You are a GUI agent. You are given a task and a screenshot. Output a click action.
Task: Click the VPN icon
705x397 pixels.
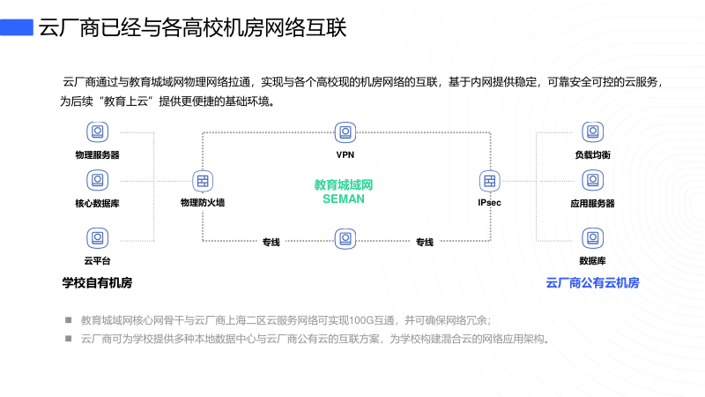point(345,132)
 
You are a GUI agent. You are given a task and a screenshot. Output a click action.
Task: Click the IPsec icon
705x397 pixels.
point(490,181)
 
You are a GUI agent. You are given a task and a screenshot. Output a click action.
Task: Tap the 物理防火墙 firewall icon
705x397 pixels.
point(203,181)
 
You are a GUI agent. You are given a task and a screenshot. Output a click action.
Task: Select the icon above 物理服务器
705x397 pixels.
point(97,132)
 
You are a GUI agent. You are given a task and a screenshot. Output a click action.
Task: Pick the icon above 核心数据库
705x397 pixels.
point(97,181)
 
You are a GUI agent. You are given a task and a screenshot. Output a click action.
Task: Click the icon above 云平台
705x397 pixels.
point(97,236)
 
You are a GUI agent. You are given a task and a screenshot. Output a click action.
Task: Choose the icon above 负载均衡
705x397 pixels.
point(592,132)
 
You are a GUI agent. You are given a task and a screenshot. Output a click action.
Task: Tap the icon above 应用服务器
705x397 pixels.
point(592,181)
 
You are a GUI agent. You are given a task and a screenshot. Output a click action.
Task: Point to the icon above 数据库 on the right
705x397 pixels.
point(592,236)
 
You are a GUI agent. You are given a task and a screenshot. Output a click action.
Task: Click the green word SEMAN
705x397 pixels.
point(344,199)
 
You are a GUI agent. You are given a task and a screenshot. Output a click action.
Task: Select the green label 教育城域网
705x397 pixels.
point(344,185)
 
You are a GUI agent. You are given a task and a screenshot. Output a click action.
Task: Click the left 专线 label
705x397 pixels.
point(271,243)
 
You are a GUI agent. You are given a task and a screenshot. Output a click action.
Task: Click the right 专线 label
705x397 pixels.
point(425,243)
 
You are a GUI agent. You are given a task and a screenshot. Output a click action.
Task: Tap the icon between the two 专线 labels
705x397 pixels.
point(345,237)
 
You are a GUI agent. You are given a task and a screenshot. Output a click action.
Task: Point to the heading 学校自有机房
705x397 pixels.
point(97,283)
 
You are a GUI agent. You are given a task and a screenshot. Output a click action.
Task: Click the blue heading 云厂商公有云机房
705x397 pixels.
point(592,283)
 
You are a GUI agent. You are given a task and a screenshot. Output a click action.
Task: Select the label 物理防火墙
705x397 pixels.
point(203,203)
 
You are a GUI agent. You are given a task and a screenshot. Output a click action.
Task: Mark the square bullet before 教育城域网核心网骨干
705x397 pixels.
point(68,320)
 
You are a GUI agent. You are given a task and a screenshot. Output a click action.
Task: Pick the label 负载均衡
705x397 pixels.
point(592,154)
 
